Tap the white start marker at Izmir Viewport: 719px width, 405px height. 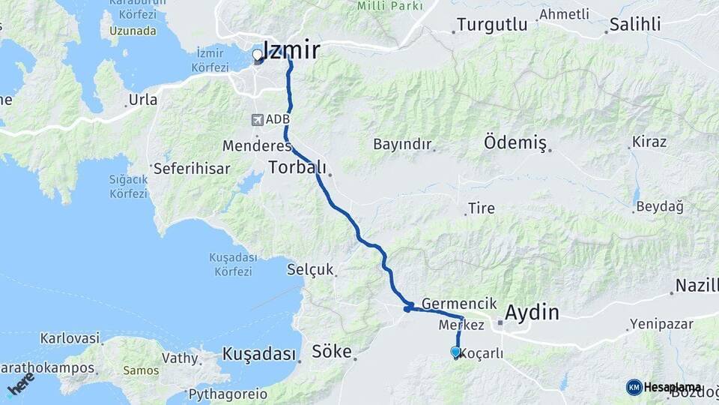pyautogui.click(x=257, y=55)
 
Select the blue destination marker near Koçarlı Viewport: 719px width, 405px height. pyautogui.click(x=455, y=351)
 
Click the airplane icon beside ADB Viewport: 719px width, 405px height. pyautogui.click(x=258, y=119)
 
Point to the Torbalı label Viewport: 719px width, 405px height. pyautogui.click(x=298, y=166)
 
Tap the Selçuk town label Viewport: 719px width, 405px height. pyautogui.click(x=310, y=270)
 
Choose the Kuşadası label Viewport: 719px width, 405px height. pyautogui.click(x=259, y=354)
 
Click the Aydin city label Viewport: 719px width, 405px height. pyautogui.click(x=533, y=312)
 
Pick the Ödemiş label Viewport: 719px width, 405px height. pyautogui.click(x=515, y=142)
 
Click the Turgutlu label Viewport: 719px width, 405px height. pyautogui.click(x=492, y=24)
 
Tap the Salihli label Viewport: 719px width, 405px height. pyautogui.click(x=635, y=24)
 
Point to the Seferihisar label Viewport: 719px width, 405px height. pyautogui.click(x=192, y=169)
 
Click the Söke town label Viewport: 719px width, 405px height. pyautogui.click(x=332, y=350)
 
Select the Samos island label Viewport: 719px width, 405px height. pyautogui.click(x=141, y=370)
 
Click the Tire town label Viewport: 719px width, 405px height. pyautogui.click(x=481, y=208)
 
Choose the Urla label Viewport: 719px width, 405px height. pyautogui.click(x=143, y=100)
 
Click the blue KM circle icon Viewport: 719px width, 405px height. pyautogui.click(x=634, y=387)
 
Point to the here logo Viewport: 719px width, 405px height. pyautogui.click(x=21, y=383)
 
